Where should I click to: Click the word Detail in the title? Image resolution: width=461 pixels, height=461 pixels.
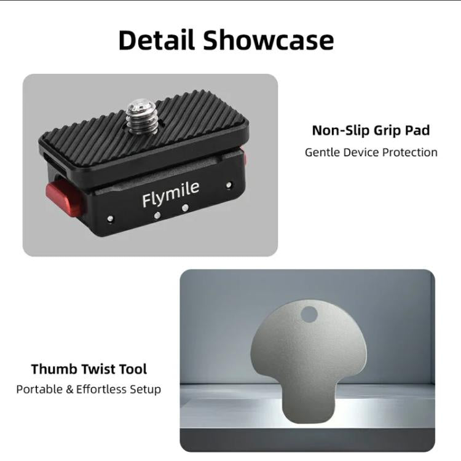point(157,41)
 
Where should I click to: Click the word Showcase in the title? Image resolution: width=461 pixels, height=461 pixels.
point(269,41)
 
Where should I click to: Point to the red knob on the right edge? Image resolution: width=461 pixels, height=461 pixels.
point(244,158)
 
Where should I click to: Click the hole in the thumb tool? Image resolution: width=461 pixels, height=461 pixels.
point(309,314)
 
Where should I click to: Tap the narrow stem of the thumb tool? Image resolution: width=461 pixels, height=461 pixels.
point(306,406)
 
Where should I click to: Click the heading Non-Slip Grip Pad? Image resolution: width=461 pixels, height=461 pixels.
point(371,130)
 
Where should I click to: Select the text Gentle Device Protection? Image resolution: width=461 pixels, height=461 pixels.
point(371,152)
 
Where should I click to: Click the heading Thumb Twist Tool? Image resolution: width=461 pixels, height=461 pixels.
point(89,369)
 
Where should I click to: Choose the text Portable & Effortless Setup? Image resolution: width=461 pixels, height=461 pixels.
point(89,389)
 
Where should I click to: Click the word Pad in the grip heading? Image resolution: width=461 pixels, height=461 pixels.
point(417,130)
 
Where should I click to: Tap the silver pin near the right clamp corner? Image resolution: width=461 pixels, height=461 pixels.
point(229,184)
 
